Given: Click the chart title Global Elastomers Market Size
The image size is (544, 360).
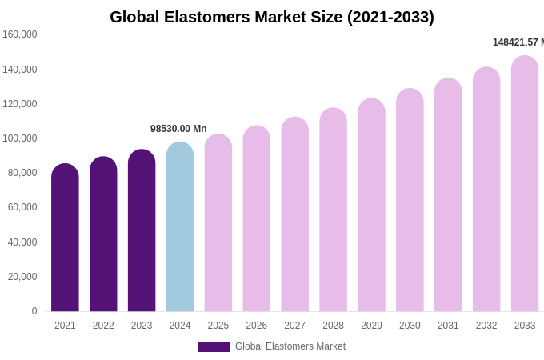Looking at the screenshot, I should [x=272, y=17].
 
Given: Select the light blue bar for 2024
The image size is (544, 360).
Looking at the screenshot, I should [x=180, y=228].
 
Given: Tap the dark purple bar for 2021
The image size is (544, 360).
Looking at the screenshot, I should [x=65, y=238].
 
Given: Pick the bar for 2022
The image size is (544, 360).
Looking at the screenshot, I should [x=103, y=235].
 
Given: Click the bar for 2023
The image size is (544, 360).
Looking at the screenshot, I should [x=142, y=231].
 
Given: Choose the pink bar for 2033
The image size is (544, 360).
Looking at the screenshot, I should [x=525, y=184].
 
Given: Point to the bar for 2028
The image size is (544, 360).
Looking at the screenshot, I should [x=333, y=210].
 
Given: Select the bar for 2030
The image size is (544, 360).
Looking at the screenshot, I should [x=410, y=201].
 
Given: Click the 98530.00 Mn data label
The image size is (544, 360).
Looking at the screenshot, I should [x=178, y=129].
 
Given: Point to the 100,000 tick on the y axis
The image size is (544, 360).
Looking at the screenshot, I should [x=20, y=138].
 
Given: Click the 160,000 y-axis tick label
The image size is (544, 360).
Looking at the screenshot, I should [x=20, y=34].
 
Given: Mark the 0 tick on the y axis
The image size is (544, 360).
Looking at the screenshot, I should [x=34, y=311].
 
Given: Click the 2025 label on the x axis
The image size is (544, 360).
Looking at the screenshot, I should [x=218, y=326].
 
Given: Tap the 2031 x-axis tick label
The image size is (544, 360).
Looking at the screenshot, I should [x=448, y=326].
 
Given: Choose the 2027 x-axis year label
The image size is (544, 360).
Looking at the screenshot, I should [x=294, y=326].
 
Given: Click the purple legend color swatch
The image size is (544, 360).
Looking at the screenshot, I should [x=214, y=347].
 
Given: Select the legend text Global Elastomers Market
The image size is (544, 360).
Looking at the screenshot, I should [x=290, y=346].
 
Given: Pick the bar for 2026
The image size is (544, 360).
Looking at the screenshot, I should [x=257, y=219].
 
